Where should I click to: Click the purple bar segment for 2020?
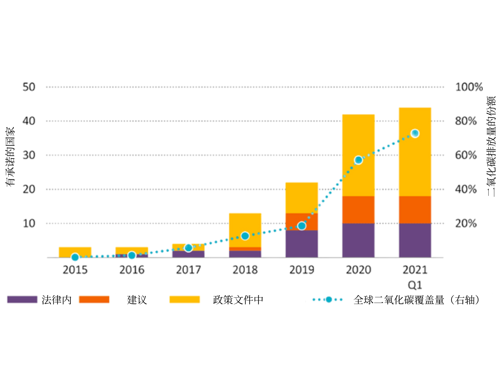point(358,240)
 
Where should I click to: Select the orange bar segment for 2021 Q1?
point(415,210)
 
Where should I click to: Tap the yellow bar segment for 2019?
point(301,198)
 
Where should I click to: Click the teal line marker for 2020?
point(358,160)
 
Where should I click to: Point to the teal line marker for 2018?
point(245,236)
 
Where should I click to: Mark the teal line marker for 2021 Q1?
point(415,133)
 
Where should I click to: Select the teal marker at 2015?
point(75,257)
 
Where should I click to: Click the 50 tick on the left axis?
point(29,87)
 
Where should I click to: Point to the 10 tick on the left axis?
point(29,223)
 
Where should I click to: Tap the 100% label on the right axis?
point(469,87)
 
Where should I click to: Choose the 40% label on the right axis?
point(466,189)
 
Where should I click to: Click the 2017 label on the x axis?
point(188,270)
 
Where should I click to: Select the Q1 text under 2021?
point(415,285)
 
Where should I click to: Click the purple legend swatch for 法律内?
point(22,300)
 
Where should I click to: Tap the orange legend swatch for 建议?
point(94,300)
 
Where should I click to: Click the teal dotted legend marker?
point(328,300)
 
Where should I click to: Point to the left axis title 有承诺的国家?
point(10,156)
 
